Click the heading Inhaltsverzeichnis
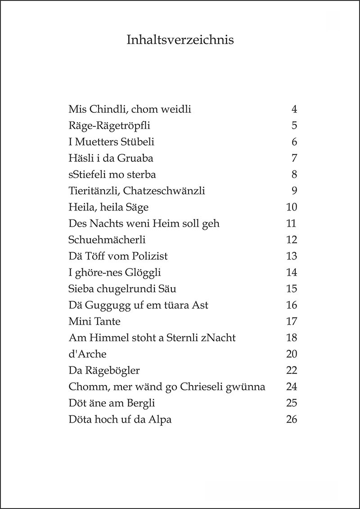[x=180, y=40]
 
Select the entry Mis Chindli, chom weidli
[x=130, y=109]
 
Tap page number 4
[x=294, y=109]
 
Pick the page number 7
[x=294, y=158]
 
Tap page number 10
[x=292, y=207]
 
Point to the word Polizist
[x=150, y=256]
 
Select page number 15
[x=292, y=289]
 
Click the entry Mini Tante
[x=94, y=321]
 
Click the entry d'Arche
[x=87, y=354]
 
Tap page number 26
[x=292, y=420]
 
